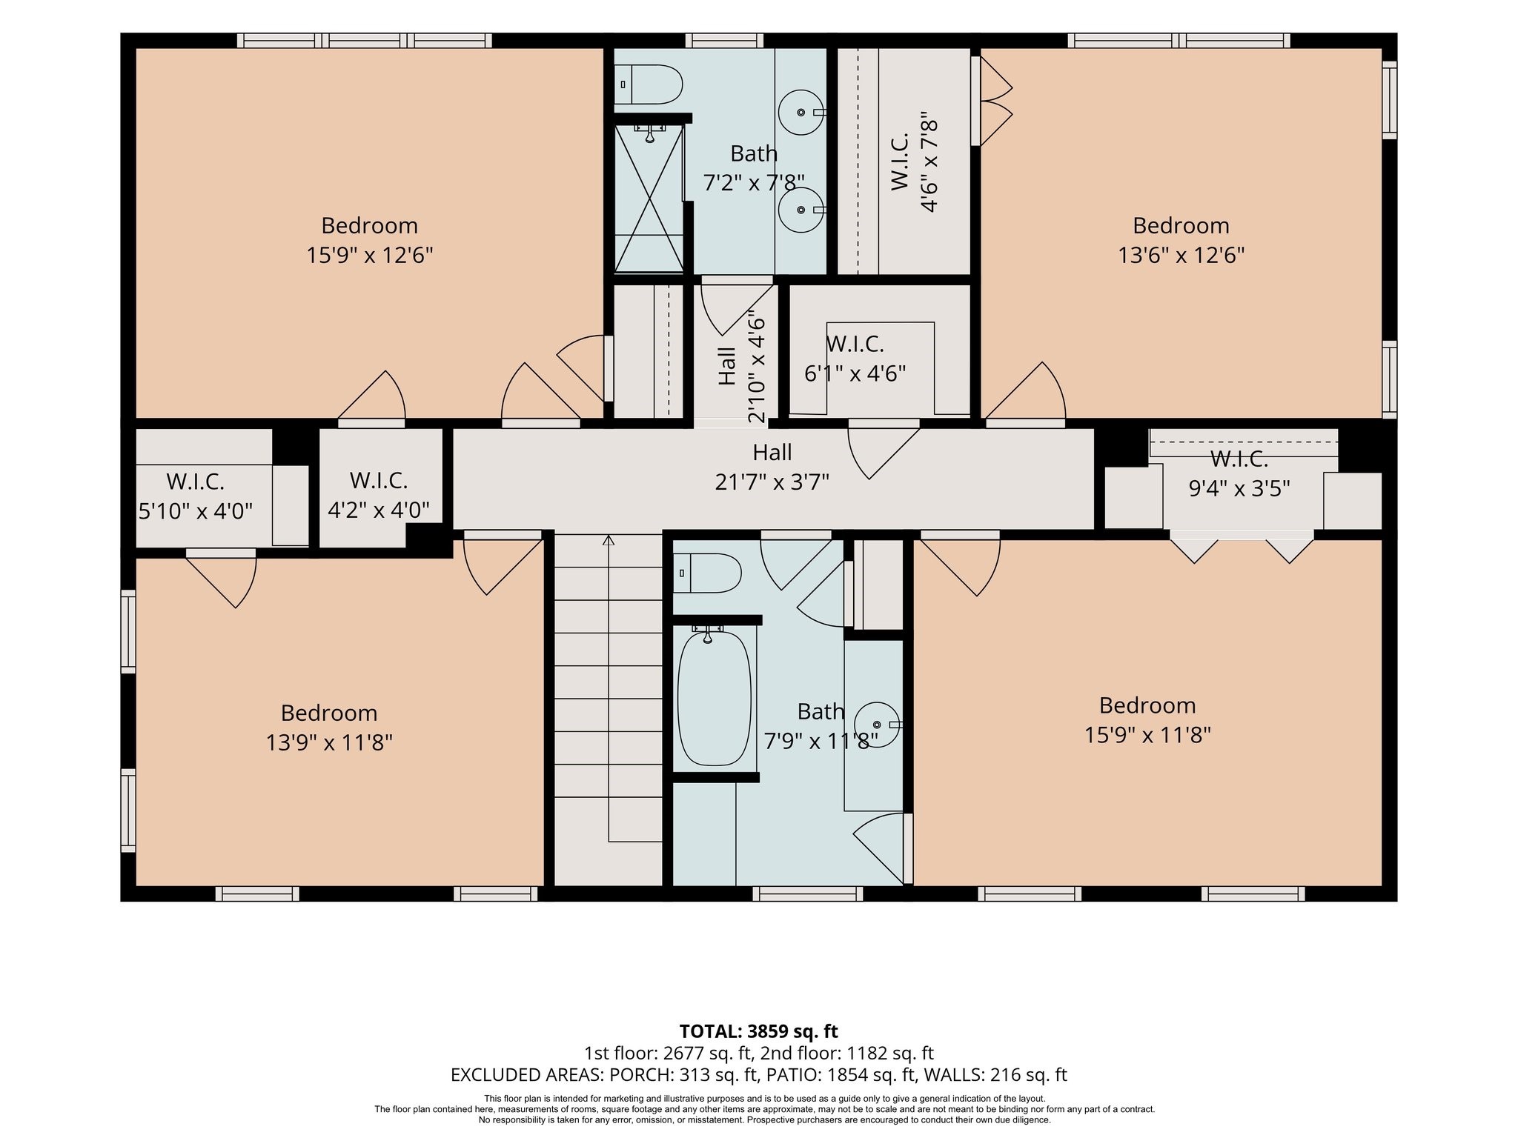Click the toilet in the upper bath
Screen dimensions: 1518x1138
[x=649, y=84]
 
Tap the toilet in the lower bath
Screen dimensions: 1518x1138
[x=707, y=573]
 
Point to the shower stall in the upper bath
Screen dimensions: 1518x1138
[x=649, y=198]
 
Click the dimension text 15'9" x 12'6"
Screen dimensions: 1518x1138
[x=370, y=256]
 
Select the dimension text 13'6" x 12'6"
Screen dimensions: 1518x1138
[x=1181, y=256]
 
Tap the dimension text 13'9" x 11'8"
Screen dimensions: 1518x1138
[x=329, y=742]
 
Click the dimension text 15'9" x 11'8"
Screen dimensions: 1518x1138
[x=1147, y=735]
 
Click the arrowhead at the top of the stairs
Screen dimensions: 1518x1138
[x=609, y=539]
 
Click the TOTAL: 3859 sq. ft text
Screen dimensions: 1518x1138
[x=759, y=1031]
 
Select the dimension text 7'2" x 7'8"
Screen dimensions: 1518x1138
[x=754, y=183]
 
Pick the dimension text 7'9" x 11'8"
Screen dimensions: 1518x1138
[x=821, y=740]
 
